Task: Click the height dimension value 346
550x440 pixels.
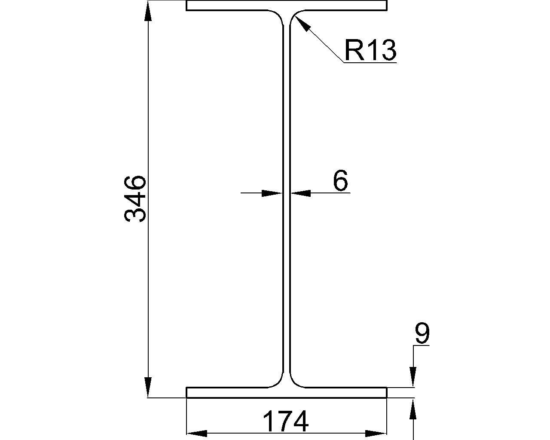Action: pos(135,199)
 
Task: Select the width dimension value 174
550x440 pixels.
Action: pos(285,422)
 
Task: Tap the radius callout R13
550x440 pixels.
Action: pos(370,50)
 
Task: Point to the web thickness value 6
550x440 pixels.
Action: pos(340,180)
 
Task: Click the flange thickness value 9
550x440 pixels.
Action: pos(422,334)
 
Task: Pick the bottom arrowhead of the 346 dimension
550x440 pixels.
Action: pos(148,387)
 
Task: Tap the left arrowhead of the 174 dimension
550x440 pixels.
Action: pos(196,433)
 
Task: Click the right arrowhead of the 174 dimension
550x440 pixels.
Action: pos(377,433)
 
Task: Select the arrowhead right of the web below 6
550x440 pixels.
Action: pos(301,193)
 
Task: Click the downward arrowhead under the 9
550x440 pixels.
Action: pos(413,376)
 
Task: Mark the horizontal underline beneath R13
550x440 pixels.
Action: pos(370,63)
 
